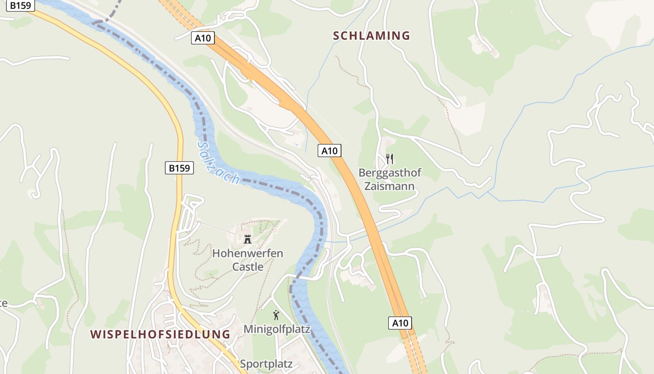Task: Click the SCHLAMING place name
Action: coord(371,36)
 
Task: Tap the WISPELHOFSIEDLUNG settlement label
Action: coord(160,334)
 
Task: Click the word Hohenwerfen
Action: coord(248,253)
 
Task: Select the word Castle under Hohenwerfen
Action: coord(248,267)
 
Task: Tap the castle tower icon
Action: coord(248,239)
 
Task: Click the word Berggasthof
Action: coord(390,173)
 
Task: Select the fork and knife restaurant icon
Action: coord(390,159)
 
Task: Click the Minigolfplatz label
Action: coord(277,329)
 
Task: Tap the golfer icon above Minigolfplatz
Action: coord(276,315)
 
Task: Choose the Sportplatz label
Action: coord(266,364)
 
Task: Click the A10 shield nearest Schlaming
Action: coord(203,38)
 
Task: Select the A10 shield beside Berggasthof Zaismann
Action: coord(329,151)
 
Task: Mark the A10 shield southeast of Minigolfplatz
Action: coord(400,323)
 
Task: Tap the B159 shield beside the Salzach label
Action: coord(179,168)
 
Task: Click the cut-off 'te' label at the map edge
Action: coord(4,303)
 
